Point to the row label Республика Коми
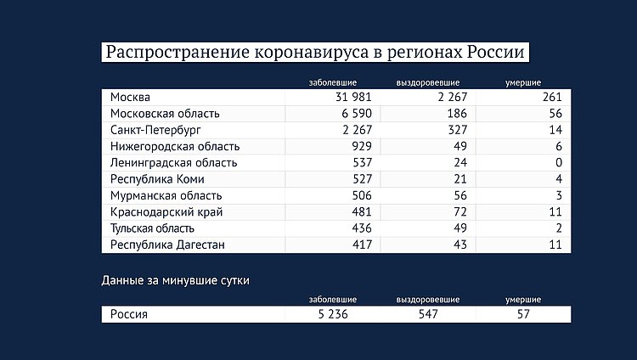point(157,179)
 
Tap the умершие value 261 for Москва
point(553,97)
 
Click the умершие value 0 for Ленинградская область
point(560,163)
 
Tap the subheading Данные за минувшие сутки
point(176,279)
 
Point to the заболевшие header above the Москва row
point(333,82)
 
